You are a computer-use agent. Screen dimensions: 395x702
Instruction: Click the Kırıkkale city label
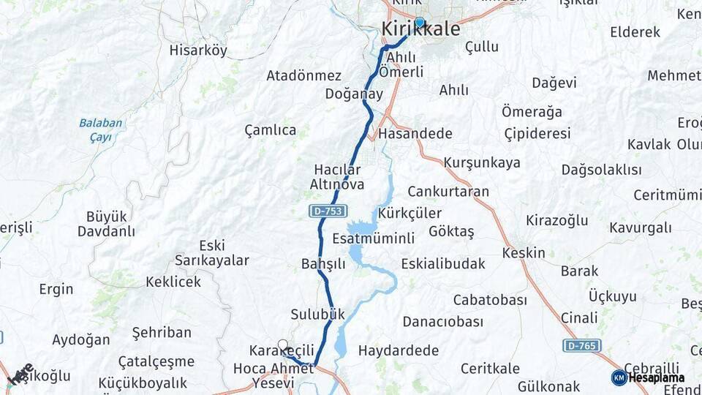421,30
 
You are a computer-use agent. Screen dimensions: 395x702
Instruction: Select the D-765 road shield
582,345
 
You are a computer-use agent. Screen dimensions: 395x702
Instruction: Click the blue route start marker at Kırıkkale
420,22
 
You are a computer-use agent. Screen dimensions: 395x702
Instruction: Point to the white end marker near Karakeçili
283,345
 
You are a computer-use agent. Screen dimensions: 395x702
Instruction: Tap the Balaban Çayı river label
101,129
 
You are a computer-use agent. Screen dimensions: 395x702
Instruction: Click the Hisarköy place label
198,50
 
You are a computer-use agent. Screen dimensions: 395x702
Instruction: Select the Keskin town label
524,253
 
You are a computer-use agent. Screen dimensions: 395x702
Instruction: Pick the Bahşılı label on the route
322,264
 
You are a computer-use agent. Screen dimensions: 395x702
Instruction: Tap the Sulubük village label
317,315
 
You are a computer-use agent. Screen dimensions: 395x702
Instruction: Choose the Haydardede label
399,350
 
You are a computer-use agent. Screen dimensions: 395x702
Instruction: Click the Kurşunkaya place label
482,162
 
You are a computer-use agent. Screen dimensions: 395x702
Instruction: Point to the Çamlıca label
271,130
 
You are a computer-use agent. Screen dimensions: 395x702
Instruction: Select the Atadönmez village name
303,76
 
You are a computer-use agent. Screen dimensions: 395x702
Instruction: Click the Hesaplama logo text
656,377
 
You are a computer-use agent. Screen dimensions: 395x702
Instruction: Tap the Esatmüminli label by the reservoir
373,238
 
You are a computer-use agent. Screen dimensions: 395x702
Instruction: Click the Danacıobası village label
443,322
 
